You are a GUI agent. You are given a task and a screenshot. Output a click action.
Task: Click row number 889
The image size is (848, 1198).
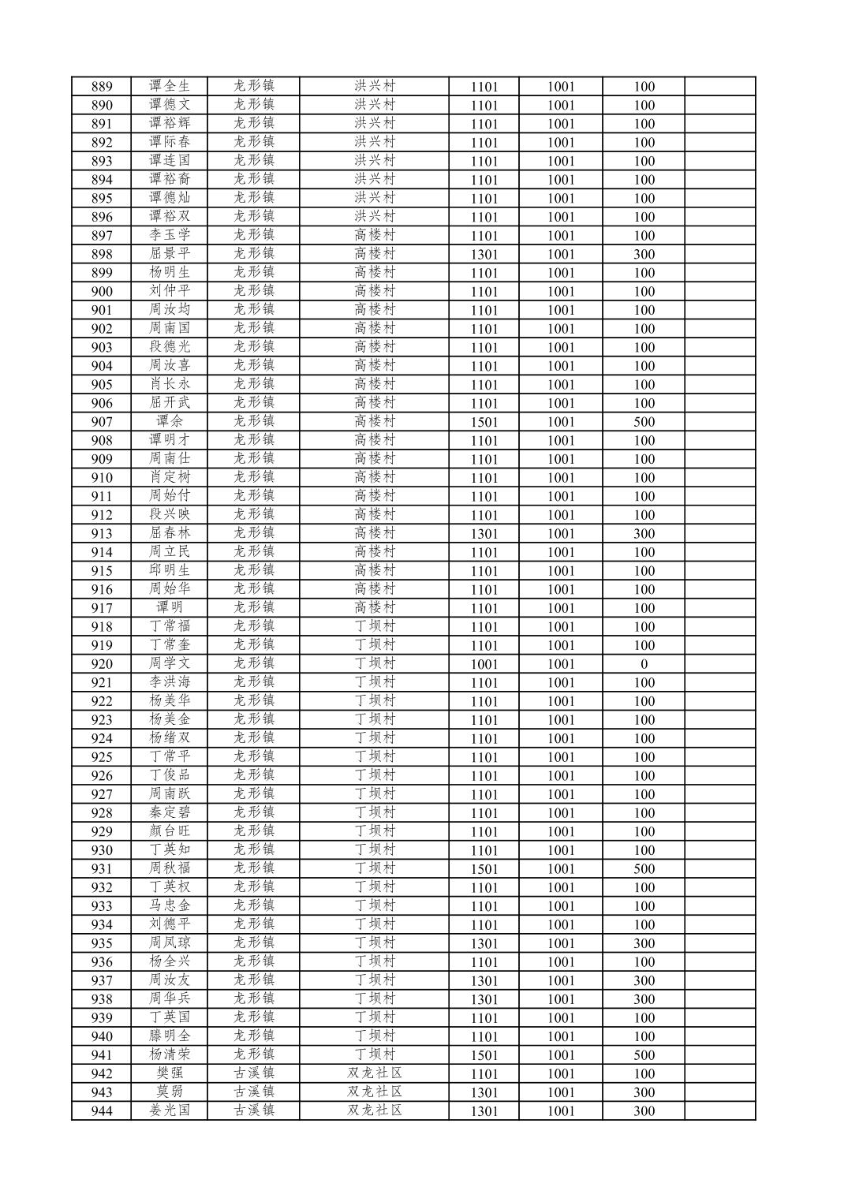pyautogui.click(x=102, y=87)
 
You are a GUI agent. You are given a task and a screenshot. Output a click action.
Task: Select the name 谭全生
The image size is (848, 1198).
pyautogui.click(x=170, y=86)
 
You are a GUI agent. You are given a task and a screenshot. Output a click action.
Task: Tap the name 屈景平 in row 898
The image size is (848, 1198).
pyautogui.click(x=170, y=254)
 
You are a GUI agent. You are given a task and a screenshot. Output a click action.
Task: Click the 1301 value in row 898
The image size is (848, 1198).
pyautogui.click(x=484, y=255)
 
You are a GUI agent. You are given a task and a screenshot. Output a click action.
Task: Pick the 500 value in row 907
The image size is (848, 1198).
pyautogui.click(x=644, y=422)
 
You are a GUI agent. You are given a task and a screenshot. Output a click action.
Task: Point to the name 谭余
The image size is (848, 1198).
pyautogui.click(x=170, y=421)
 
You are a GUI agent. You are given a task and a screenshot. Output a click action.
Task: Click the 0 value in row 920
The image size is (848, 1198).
pyautogui.click(x=644, y=664)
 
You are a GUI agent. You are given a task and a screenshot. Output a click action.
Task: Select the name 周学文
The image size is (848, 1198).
pyautogui.click(x=170, y=663)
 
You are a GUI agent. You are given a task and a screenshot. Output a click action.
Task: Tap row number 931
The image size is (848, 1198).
pyautogui.click(x=102, y=869)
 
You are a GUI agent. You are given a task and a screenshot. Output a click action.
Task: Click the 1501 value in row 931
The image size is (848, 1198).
pyautogui.click(x=484, y=869)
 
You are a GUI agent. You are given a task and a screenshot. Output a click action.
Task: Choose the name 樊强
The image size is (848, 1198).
pyautogui.click(x=170, y=1073)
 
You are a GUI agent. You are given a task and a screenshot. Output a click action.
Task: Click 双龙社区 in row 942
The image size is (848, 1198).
pyautogui.click(x=375, y=1073)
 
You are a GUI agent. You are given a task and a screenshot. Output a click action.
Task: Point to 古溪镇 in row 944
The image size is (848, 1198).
pyautogui.click(x=253, y=1110)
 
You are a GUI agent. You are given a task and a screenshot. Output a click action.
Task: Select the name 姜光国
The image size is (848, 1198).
pyautogui.click(x=170, y=1110)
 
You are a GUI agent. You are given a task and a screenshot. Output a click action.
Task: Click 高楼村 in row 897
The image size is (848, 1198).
pyautogui.click(x=375, y=235)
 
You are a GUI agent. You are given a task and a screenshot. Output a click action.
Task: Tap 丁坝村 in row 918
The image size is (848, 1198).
pyautogui.click(x=375, y=626)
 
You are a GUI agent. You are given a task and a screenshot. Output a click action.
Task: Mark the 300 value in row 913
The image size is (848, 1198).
pyautogui.click(x=644, y=534)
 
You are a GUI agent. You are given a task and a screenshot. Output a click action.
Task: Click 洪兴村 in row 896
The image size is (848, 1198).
pyautogui.click(x=375, y=216)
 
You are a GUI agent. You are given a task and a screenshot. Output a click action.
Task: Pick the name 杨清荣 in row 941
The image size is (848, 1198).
pyautogui.click(x=170, y=1054)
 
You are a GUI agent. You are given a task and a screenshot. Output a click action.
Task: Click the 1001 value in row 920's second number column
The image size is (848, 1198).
pyautogui.click(x=561, y=664)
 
